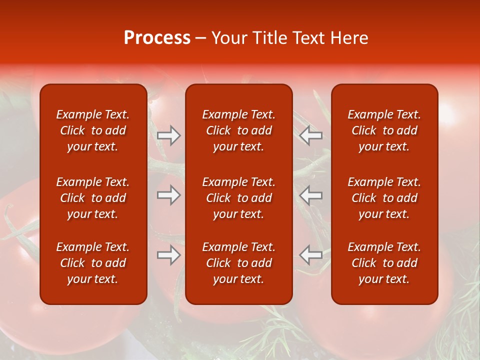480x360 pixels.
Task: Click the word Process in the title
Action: click(x=157, y=38)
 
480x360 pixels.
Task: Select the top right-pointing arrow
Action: click(x=169, y=135)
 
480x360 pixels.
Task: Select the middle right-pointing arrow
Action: click(x=169, y=195)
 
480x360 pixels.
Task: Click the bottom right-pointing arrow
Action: click(x=169, y=255)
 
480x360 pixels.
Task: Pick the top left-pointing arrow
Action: click(x=311, y=135)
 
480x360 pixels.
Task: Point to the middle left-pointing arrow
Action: click(x=311, y=195)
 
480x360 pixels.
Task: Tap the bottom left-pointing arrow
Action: click(x=311, y=255)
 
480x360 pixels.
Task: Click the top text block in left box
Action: click(x=93, y=130)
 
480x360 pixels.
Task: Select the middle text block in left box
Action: click(x=93, y=198)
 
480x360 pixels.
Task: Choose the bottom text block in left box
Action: click(x=93, y=263)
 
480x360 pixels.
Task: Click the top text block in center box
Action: click(x=239, y=130)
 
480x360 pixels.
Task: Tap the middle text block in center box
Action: click(x=239, y=198)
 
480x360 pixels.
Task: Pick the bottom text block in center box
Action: click(x=239, y=263)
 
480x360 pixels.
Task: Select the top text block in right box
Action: click(x=384, y=130)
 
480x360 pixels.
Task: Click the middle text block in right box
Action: click(x=384, y=198)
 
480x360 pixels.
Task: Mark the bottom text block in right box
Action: click(x=384, y=263)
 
